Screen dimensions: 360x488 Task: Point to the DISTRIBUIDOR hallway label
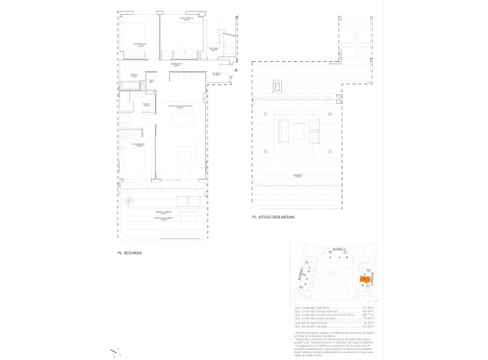pyautogui.click(x=176, y=66)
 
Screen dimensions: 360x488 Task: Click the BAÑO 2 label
pyautogui.click(x=134, y=75)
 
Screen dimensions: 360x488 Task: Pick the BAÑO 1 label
pyautogui.click(x=146, y=104)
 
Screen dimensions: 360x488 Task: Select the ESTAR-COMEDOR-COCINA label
pyautogui.click(x=180, y=107)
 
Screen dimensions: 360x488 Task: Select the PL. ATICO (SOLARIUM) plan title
pyautogui.click(x=275, y=218)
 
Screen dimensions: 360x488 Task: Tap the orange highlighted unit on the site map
pyautogui.click(x=364, y=279)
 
